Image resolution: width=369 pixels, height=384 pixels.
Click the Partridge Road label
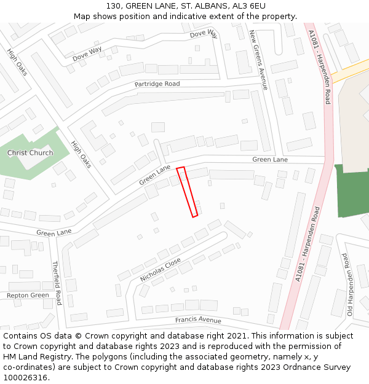[x=157, y=84]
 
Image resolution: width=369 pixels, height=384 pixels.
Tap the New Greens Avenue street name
[x=258, y=60]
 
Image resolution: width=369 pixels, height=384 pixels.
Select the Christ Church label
[x=30, y=153]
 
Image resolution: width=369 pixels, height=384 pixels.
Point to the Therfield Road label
[x=57, y=283]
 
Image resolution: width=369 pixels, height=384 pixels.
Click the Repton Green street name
[x=28, y=296]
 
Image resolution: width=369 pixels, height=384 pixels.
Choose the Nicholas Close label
[x=160, y=270]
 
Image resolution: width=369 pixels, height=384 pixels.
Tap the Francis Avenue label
[x=197, y=320]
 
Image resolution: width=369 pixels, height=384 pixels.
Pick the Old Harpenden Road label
[x=349, y=284]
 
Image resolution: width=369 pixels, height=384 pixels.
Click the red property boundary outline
[x=188, y=192]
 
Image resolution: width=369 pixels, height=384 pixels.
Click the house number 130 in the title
[x=113, y=6]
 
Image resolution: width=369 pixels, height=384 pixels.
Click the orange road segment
[x=349, y=71]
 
